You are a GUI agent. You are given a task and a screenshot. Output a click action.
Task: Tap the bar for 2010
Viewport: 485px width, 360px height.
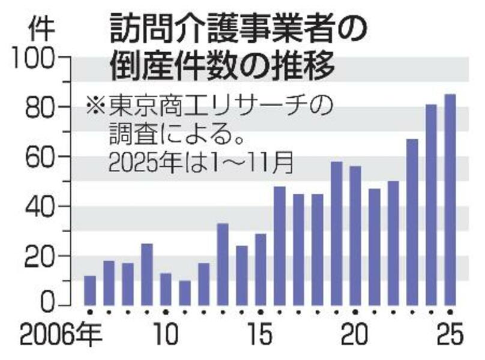click(x=166, y=289)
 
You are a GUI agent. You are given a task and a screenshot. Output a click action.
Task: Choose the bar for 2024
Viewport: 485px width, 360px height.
click(x=431, y=204)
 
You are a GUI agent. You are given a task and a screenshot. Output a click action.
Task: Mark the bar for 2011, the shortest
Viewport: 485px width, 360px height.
click(x=185, y=292)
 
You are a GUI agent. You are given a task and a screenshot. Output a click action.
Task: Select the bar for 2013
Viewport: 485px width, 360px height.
click(x=223, y=264)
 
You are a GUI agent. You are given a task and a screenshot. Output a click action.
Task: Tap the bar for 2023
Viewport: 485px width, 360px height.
click(x=412, y=221)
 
